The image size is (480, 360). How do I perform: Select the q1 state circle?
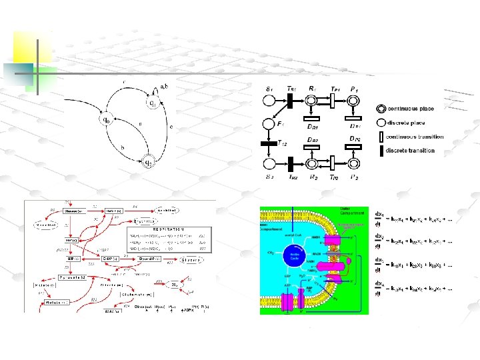pos(152,103)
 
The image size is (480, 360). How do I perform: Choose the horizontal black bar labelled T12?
pos(270,142)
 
